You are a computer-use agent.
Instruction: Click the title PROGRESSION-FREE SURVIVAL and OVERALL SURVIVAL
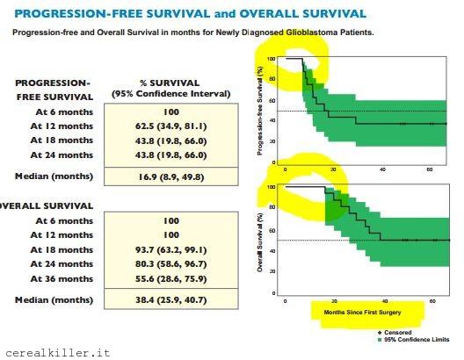[x=191, y=14]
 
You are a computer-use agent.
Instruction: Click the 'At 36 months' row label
[x=61, y=278]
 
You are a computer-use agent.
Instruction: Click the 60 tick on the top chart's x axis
[x=430, y=169]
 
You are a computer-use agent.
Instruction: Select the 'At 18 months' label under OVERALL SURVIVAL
[x=61, y=249]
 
